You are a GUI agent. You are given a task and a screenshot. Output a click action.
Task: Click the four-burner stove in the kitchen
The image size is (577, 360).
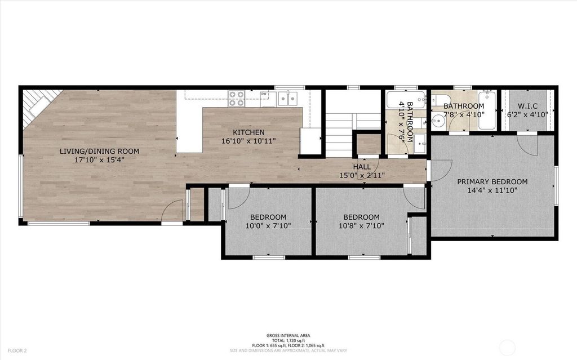coord(236,98)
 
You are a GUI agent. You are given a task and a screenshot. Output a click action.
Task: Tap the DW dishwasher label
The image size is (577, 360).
coord(264,94)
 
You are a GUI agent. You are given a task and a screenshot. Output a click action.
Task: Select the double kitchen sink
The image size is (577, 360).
coord(288,98)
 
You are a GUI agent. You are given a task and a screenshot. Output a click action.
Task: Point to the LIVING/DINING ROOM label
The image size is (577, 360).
coord(99,151)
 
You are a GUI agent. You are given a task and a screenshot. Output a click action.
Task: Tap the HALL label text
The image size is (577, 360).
coord(362,167)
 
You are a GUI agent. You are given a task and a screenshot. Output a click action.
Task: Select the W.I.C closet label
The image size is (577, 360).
coord(527,106)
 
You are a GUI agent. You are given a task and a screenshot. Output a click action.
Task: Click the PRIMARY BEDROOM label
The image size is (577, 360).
coord(492,182)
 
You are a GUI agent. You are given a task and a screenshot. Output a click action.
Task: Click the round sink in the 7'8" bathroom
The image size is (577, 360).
coord(438,121)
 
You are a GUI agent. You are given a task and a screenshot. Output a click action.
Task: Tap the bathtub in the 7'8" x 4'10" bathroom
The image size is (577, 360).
coord(487,110)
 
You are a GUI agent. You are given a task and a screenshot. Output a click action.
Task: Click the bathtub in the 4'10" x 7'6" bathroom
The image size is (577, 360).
coord(406,99)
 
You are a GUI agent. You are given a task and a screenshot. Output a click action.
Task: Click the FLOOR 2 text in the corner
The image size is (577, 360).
coord(17,351)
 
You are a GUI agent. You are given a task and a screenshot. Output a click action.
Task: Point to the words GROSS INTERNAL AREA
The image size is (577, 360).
coord(288,335)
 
